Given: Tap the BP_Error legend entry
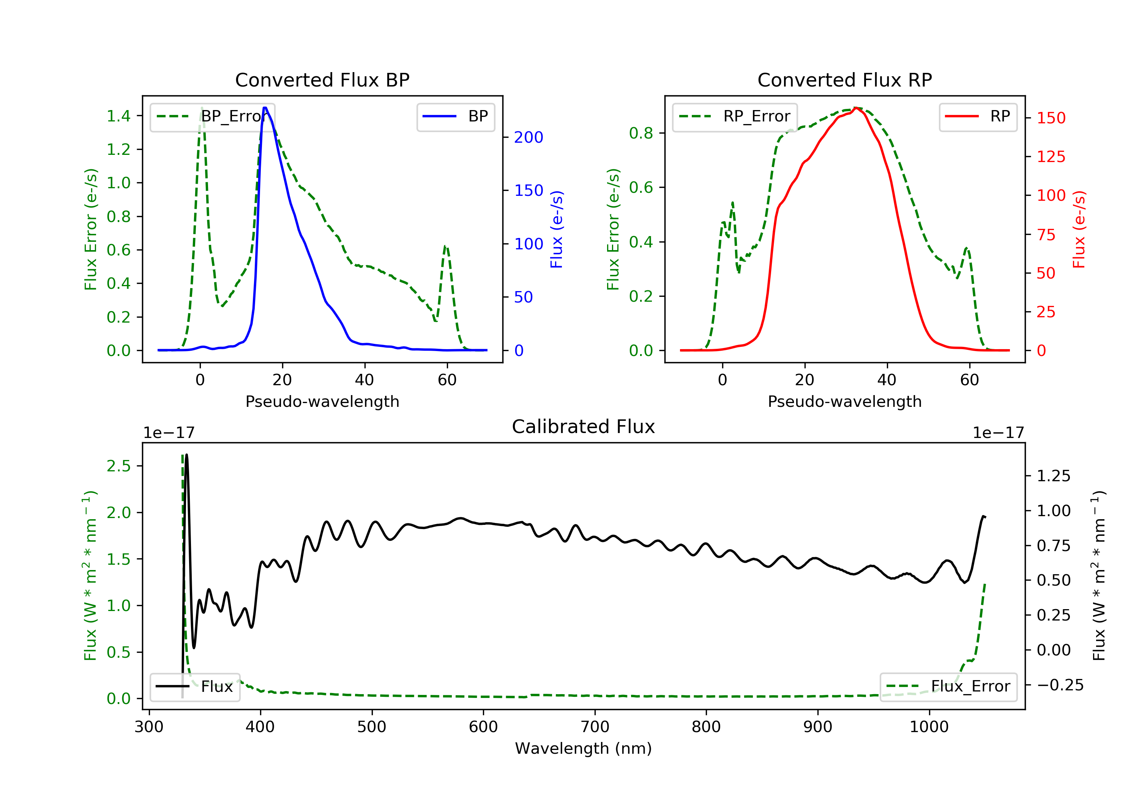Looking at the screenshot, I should (212, 117).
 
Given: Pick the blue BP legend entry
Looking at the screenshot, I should (455, 117).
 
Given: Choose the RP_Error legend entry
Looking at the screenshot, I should (735, 117).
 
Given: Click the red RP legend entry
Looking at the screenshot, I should (978, 117).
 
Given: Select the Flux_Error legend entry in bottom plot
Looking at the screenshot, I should (948, 687).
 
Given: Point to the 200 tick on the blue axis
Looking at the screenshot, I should (528, 137).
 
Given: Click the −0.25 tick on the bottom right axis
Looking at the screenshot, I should (1060, 685).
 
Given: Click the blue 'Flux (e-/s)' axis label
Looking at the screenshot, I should (557, 230).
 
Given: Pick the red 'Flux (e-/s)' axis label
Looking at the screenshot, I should (1079, 230).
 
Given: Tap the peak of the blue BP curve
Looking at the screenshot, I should (265, 108).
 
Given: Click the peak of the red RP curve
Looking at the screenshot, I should (856, 108).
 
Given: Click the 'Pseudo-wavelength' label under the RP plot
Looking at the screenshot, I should (844, 402).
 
